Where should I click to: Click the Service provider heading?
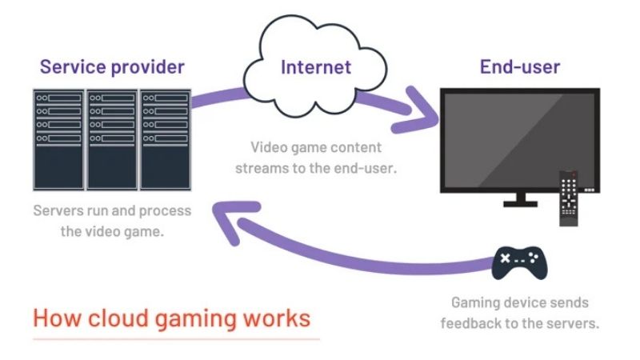click(x=112, y=66)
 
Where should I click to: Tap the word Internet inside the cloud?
click(x=316, y=66)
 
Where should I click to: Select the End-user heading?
click(x=519, y=66)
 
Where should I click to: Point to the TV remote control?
click(x=569, y=199)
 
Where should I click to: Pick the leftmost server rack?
click(x=58, y=140)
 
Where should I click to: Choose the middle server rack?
click(x=112, y=140)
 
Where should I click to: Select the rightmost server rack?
click(x=165, y=140)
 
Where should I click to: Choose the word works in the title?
click(x=275, y=318)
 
